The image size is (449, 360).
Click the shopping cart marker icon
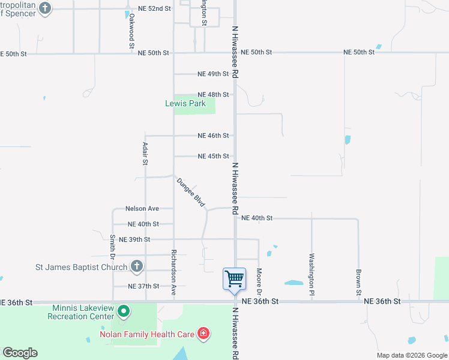[x=234, y=278]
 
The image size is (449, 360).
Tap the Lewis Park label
[x=185, y=103]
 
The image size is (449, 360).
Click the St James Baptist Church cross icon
[x=137, y=266]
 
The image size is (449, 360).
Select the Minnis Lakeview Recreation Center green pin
[x=124, y=311]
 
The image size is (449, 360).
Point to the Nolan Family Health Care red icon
[x=203, y=333]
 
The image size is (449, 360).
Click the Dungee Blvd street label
[x=191, y=193]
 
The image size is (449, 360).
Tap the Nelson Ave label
[x=142, y=209]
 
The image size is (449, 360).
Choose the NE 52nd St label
[x=154, y=9]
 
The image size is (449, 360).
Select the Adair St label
[x=145, y=154]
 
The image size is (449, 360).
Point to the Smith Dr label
[x=113, y=246]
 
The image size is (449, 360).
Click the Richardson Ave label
[x=173, y=265]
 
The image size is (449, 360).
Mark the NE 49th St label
[x=213, y=74]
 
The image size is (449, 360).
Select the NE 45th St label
[x=213, y=156]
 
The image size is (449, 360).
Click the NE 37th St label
[x=143, y=286]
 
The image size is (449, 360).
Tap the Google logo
[x=20, y=353]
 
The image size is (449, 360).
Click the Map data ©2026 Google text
[x=411, y=355]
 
